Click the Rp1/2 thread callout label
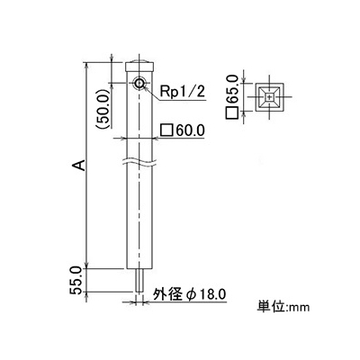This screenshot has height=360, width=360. click(x=182, y=92)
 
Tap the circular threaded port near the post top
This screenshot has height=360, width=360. click(x=139, y=83)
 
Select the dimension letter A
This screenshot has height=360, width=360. click(x=79, y=165)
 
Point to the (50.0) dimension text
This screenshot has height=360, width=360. click(x=103, y=109)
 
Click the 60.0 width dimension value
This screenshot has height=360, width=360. click(x=190, y=130)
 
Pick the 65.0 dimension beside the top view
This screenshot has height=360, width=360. click(x=232, y=89)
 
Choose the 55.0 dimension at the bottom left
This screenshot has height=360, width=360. click(x=76, y=280)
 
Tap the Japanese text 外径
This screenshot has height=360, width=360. click(x=167, y=294)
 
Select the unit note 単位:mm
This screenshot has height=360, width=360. click(x=283, y=307)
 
